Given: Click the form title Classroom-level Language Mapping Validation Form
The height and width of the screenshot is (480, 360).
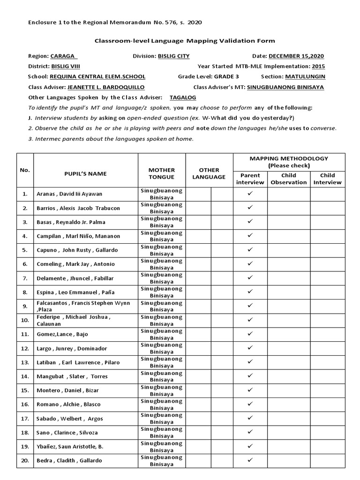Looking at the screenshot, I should pos(185,41).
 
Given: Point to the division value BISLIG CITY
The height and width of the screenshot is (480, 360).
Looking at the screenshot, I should pos(173,56).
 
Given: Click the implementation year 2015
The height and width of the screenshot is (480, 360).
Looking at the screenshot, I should pos(318,67).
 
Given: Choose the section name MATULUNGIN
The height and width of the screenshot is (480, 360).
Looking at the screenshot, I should pos(305,77).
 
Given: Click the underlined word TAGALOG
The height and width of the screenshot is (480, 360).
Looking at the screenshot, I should pos(182,97).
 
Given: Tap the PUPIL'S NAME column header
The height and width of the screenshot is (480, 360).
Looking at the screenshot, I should pos(85,173).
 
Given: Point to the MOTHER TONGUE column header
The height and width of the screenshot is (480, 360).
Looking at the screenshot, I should pos(162,173).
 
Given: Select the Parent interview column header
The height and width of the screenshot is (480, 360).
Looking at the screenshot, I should pos(250,179).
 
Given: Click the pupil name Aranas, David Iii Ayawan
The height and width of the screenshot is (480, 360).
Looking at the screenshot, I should pos(69,194).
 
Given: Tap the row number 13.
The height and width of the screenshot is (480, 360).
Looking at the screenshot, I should pos(25,362).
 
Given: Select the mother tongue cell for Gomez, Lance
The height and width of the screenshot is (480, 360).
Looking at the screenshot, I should pos(162,334).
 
